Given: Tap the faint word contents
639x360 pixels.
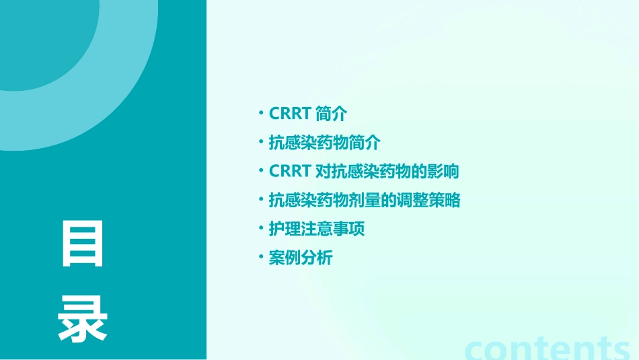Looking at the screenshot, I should tap(548, 347).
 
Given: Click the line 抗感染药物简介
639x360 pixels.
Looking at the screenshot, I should tap(324, 143).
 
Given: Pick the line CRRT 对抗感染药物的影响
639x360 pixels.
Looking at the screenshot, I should tap(363, 172).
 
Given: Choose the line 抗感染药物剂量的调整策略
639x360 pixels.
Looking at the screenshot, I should tap(364, 201).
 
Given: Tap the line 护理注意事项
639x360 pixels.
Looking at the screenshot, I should tap(316, 229).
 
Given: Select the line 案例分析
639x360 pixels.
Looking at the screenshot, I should tap(300, 258).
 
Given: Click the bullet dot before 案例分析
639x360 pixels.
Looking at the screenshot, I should tap(261, 258).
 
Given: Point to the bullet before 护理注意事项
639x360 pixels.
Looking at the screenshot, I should tap(261, 229).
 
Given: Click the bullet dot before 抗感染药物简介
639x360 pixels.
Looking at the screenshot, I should tap(261, 143).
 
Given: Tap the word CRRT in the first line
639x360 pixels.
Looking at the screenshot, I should tap(289, 114).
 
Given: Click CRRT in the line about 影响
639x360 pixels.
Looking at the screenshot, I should tap(289, 172).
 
